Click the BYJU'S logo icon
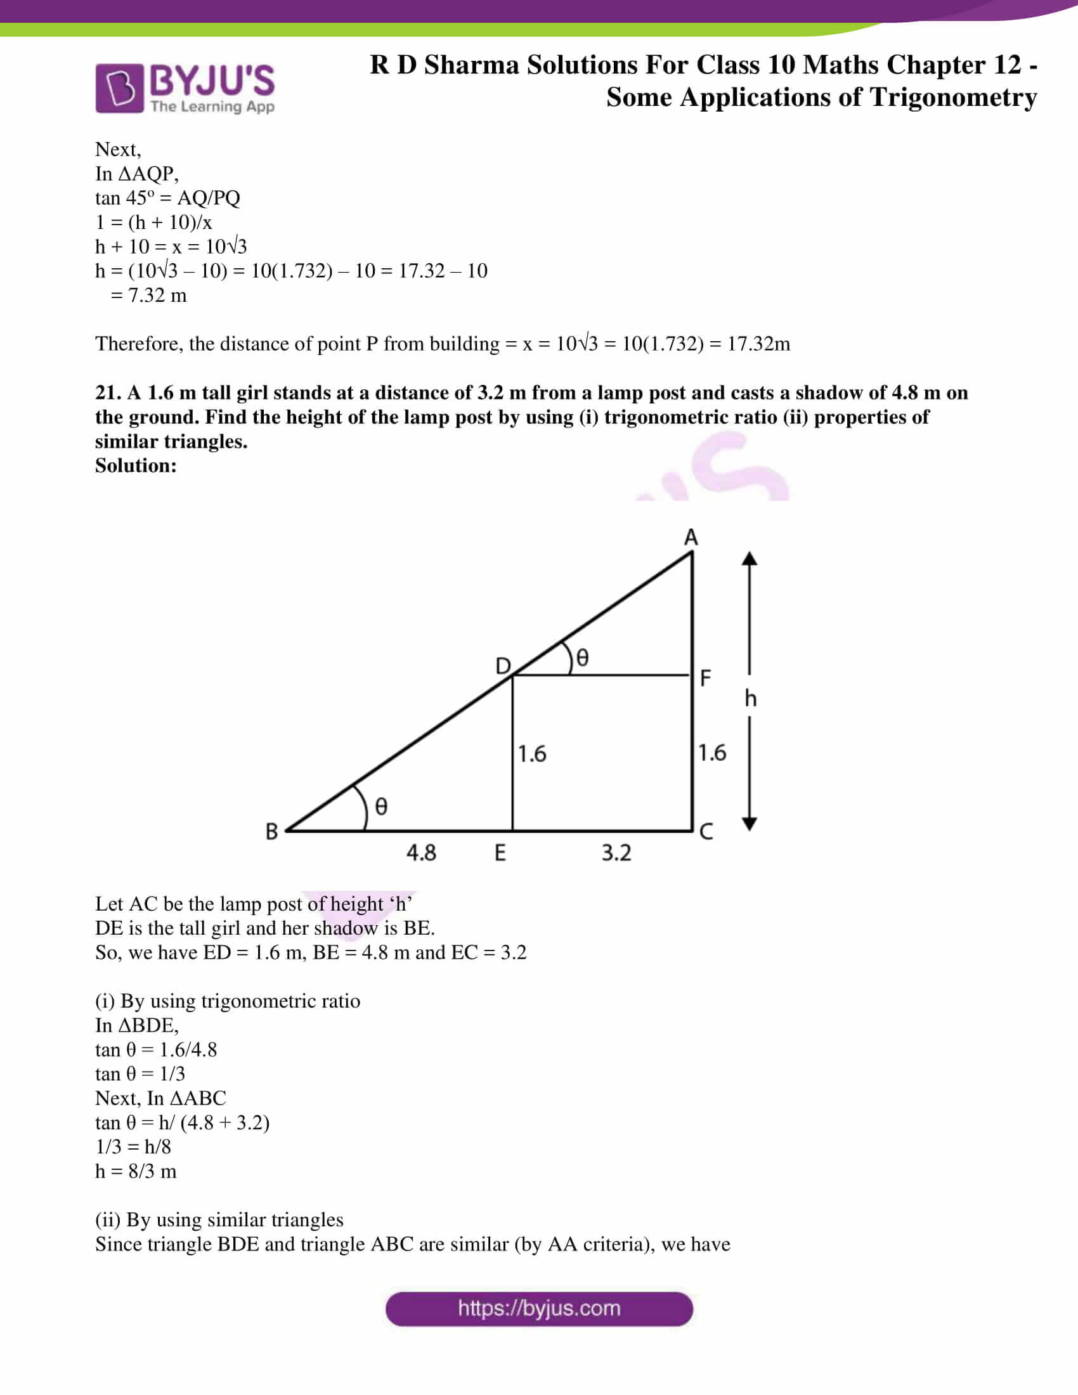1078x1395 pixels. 119,88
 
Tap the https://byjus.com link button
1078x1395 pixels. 539,1309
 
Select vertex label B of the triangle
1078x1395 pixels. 271,832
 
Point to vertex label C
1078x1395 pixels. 706,832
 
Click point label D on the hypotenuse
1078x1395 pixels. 503,666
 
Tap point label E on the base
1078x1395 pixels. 500,853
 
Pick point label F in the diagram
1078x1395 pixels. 705,678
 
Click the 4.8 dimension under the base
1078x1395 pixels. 421,853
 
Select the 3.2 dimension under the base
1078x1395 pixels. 616,853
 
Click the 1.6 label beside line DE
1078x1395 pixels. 531,754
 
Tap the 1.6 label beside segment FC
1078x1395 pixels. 711,753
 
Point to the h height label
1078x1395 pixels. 750,699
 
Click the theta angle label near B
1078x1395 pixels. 380,807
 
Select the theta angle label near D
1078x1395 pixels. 581,658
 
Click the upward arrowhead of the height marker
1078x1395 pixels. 750,559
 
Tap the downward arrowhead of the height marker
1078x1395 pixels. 750,824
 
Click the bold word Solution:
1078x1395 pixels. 136,465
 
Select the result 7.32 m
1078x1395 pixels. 157,295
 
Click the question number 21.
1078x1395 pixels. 108,393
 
